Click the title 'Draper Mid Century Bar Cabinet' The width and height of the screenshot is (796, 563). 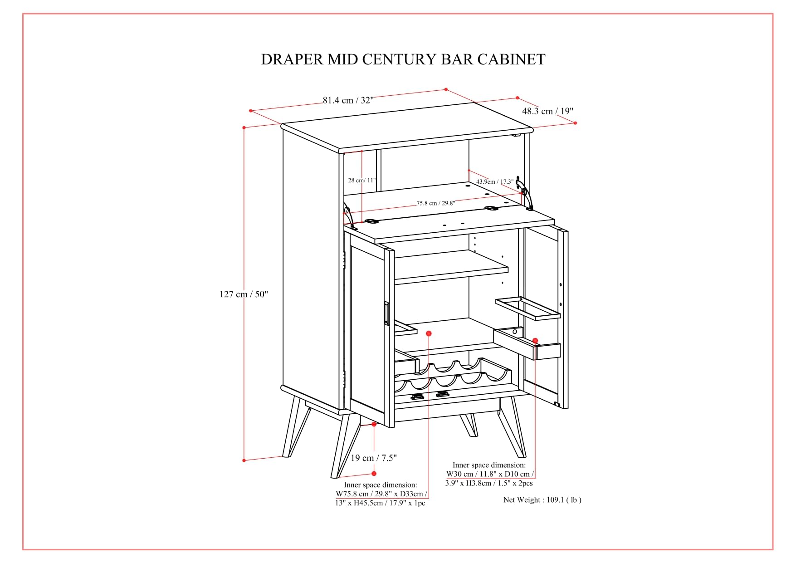point(403,59)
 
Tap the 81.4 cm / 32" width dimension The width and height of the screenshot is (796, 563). point(348,100)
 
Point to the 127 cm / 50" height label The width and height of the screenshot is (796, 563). point(244,294)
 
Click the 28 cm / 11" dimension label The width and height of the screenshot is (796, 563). point(362,180)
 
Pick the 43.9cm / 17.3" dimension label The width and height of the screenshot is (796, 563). point(495,181)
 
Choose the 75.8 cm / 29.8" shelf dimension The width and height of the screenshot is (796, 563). point(436,203)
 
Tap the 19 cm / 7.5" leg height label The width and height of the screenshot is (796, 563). point(374,458)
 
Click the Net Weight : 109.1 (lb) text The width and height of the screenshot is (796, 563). point(542,500)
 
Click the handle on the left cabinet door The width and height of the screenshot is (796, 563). point(386,313)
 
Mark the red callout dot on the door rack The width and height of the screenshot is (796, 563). point(535,341)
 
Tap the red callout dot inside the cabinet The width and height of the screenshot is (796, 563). point(429,333)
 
